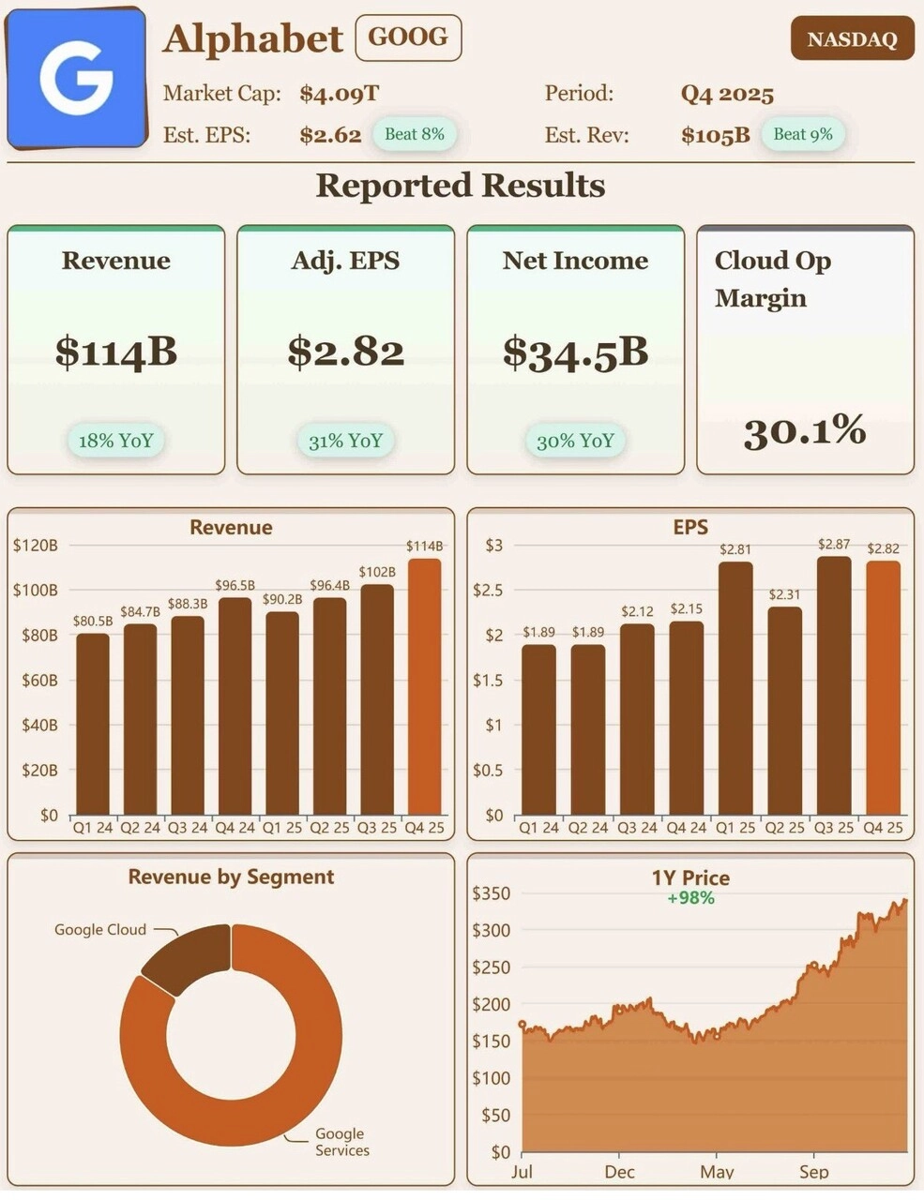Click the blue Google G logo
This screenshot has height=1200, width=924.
coord(77,79)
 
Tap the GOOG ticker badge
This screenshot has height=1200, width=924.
coord(408,37)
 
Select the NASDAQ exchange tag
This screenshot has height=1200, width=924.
coord(852,39)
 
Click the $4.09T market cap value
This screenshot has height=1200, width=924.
coord(340,94)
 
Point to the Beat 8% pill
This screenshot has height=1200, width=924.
coord(414,134)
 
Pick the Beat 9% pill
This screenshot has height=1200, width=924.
coord(802,134)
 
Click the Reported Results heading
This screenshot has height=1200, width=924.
coord(461,186)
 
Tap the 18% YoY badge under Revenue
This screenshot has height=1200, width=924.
coord(116,441)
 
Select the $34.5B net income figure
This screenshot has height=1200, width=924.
coord(575,352)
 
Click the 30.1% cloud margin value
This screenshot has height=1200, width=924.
coord(804,430)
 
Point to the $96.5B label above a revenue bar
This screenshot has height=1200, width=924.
coord(235,585)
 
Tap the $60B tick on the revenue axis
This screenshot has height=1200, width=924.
coord(39,681)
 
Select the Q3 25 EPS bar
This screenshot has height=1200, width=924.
coord(833,685)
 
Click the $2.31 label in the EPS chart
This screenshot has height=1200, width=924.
coord(784,594)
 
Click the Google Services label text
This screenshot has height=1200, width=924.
coord(341,1142)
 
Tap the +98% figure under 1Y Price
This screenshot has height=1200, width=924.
coord(690,898)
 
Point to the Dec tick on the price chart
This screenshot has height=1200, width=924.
coord(619,1172)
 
